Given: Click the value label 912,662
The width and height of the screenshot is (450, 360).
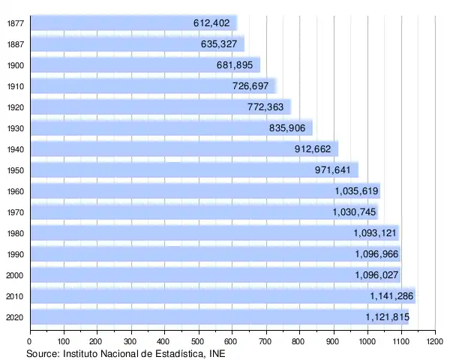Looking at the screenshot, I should click(313, 149).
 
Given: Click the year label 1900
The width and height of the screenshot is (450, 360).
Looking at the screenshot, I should click(15, 65).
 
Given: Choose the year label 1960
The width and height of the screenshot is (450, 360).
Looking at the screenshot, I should click(15, 191).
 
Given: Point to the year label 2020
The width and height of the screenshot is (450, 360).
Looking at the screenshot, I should click(15, 317).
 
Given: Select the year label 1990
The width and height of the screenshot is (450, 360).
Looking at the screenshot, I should click(15, 254).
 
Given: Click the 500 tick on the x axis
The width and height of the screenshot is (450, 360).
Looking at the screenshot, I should click(199, 342).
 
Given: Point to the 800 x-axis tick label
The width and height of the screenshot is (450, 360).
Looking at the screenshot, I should click(299, 342).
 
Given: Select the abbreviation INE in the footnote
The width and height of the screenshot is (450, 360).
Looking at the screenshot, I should click(216, 353).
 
